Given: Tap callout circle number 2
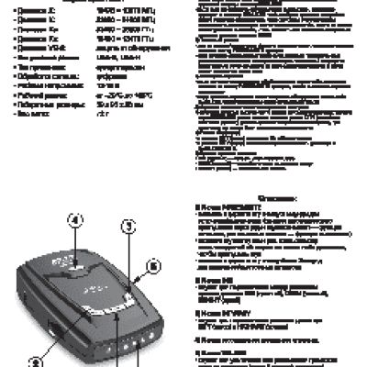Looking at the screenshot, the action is click(x=38, y=362).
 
